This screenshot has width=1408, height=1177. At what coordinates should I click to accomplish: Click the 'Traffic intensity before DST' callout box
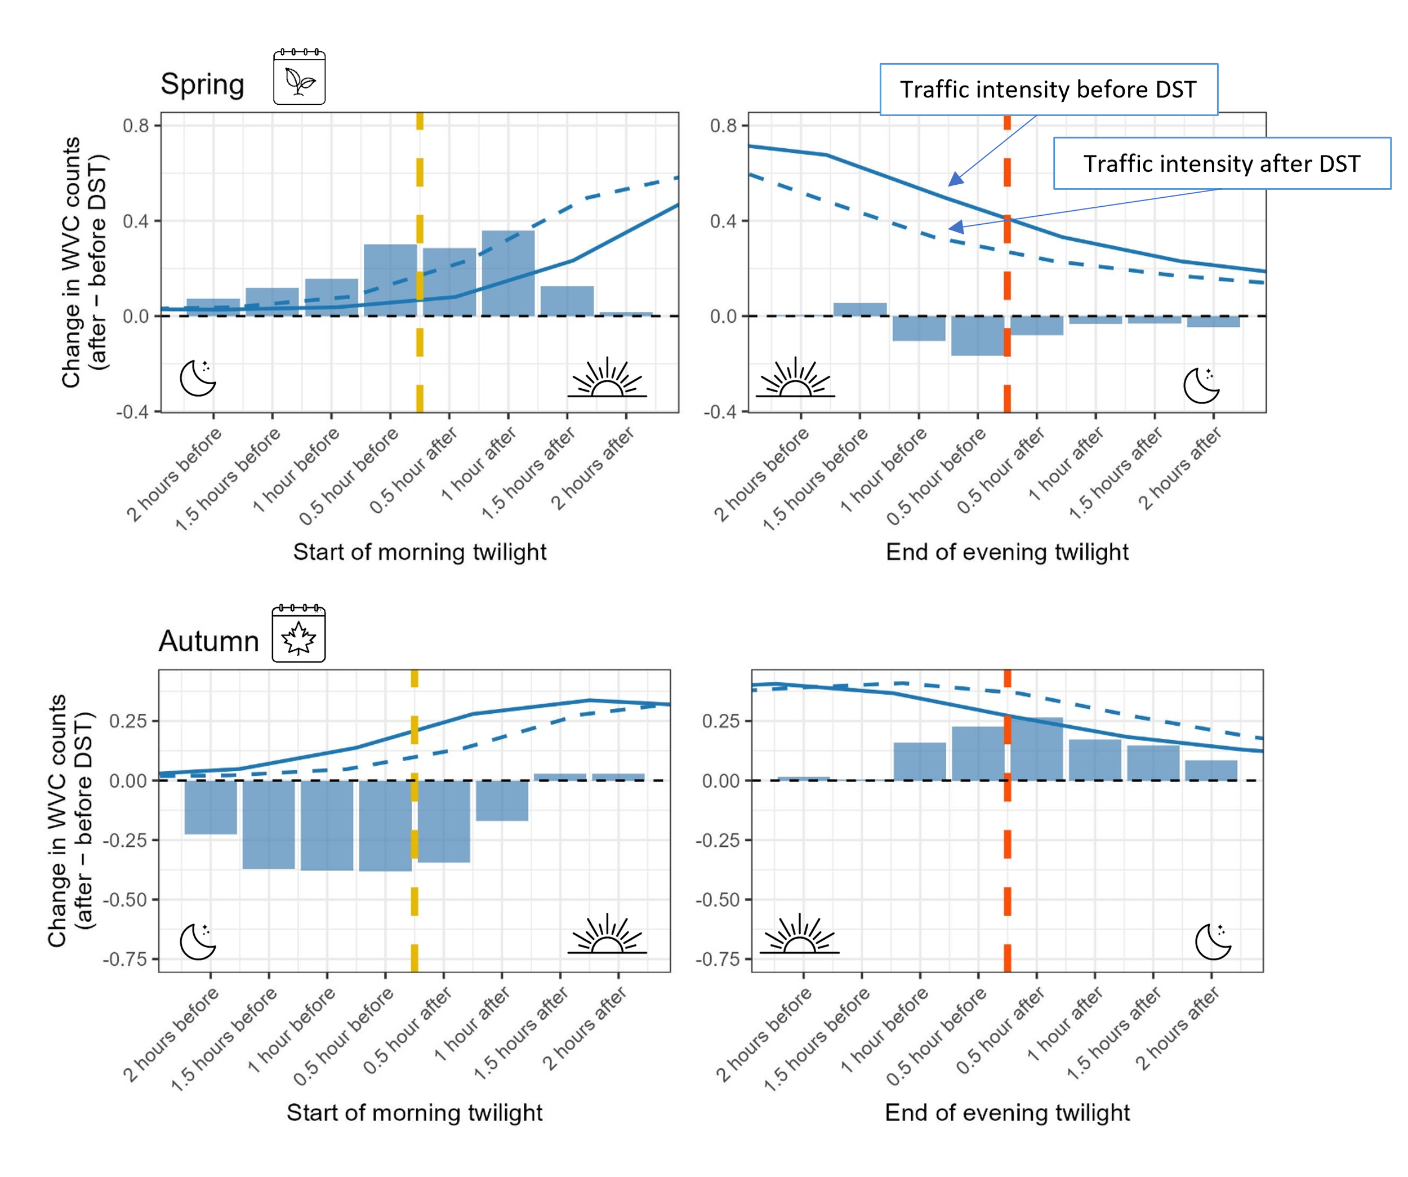click(x=1048, y=89)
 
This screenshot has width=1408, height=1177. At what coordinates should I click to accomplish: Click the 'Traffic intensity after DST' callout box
click(x=1222, y=163)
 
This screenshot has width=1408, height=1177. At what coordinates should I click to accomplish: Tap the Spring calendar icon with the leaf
click(x=299, y=77)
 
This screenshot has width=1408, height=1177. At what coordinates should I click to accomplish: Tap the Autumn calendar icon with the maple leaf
click(x=298, y=633)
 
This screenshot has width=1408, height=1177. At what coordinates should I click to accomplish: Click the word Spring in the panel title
click(x=203, y=85)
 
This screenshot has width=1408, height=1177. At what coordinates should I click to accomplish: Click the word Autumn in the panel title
click(x=208, y=641)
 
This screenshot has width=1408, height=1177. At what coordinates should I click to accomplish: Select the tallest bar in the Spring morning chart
click(x=508, y=273)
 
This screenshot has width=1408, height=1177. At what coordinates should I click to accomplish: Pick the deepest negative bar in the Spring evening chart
click(x=978, y=335)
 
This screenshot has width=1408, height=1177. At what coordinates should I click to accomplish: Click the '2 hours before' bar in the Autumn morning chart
click(x=211, y=807)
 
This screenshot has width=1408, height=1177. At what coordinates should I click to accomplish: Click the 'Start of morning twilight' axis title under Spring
click(x=420, y=552)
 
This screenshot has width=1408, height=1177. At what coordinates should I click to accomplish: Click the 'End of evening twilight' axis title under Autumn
click(x=1007, y=1113)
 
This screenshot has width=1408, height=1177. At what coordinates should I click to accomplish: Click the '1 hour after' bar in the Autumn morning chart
click(x=502, y=800)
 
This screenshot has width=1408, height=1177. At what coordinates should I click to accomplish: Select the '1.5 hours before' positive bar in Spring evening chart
click(x=860, y=310)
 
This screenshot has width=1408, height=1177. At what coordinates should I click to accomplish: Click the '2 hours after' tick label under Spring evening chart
click(x=1180, y=469)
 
